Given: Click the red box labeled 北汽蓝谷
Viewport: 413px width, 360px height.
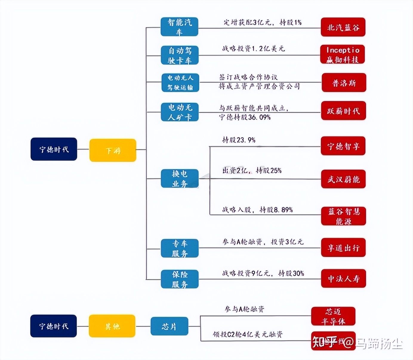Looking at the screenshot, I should point(343,27).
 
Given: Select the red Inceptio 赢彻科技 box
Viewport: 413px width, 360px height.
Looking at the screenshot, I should point(343,54).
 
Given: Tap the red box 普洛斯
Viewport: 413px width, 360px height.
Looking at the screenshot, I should point(344,83).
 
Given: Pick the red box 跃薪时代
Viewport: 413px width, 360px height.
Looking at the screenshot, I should point(343,111).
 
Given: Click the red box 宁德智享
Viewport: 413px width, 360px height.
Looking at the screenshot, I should point(343,146).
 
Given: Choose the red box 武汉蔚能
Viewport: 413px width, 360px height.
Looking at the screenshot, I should point(343,179).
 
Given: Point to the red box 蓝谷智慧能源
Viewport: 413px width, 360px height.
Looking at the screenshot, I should point(343,216).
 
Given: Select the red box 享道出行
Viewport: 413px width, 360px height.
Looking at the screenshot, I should point(343,247).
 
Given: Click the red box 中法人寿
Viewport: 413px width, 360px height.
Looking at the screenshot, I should point(343,279).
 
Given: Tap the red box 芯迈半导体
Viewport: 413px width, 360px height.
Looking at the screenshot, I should point(333,316).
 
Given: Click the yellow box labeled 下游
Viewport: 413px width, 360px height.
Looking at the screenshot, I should point(113,150).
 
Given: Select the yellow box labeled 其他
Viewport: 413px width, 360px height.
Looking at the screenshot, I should point(112,326).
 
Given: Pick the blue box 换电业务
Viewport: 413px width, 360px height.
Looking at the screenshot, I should point(180,179).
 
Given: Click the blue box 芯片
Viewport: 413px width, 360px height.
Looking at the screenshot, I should point(169,326).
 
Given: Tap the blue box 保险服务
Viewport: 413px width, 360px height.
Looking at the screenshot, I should point(180,279).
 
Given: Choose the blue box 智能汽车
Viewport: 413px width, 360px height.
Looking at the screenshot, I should point(179,27).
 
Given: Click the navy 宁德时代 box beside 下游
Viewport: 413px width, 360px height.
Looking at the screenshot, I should point(54,149).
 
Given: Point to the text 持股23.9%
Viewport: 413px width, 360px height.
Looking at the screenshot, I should point(239,140).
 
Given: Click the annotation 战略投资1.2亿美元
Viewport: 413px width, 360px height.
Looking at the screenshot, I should point(253,48).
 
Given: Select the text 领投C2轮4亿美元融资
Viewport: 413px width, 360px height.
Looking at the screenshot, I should point(247,334).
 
